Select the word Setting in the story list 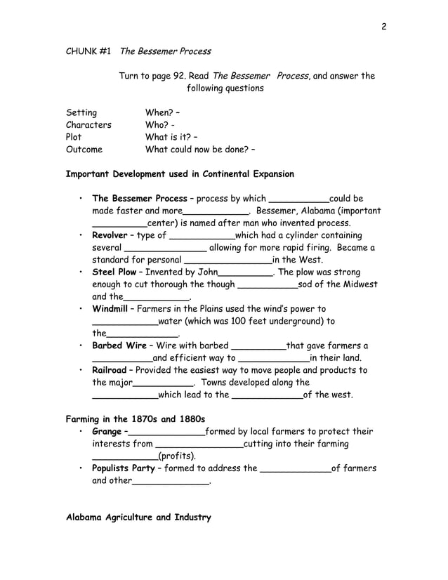(81, 112)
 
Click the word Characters (88, 125)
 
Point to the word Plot (74, 137)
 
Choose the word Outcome (84, 150)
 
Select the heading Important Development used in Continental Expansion (180, 173)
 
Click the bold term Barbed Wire (119, 345)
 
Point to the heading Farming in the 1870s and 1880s (135, 419)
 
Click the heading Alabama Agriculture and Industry (138, 518)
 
